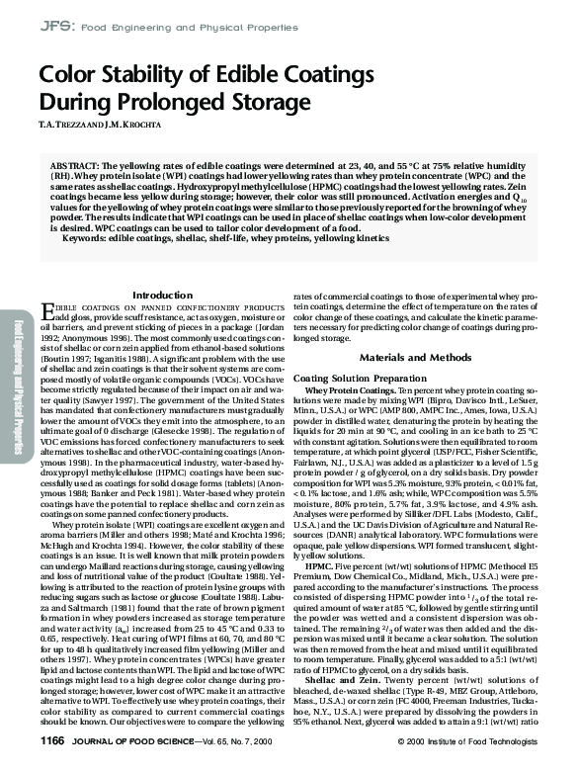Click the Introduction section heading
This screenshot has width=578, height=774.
(162, 296)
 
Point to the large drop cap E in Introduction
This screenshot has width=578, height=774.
(47, 311)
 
